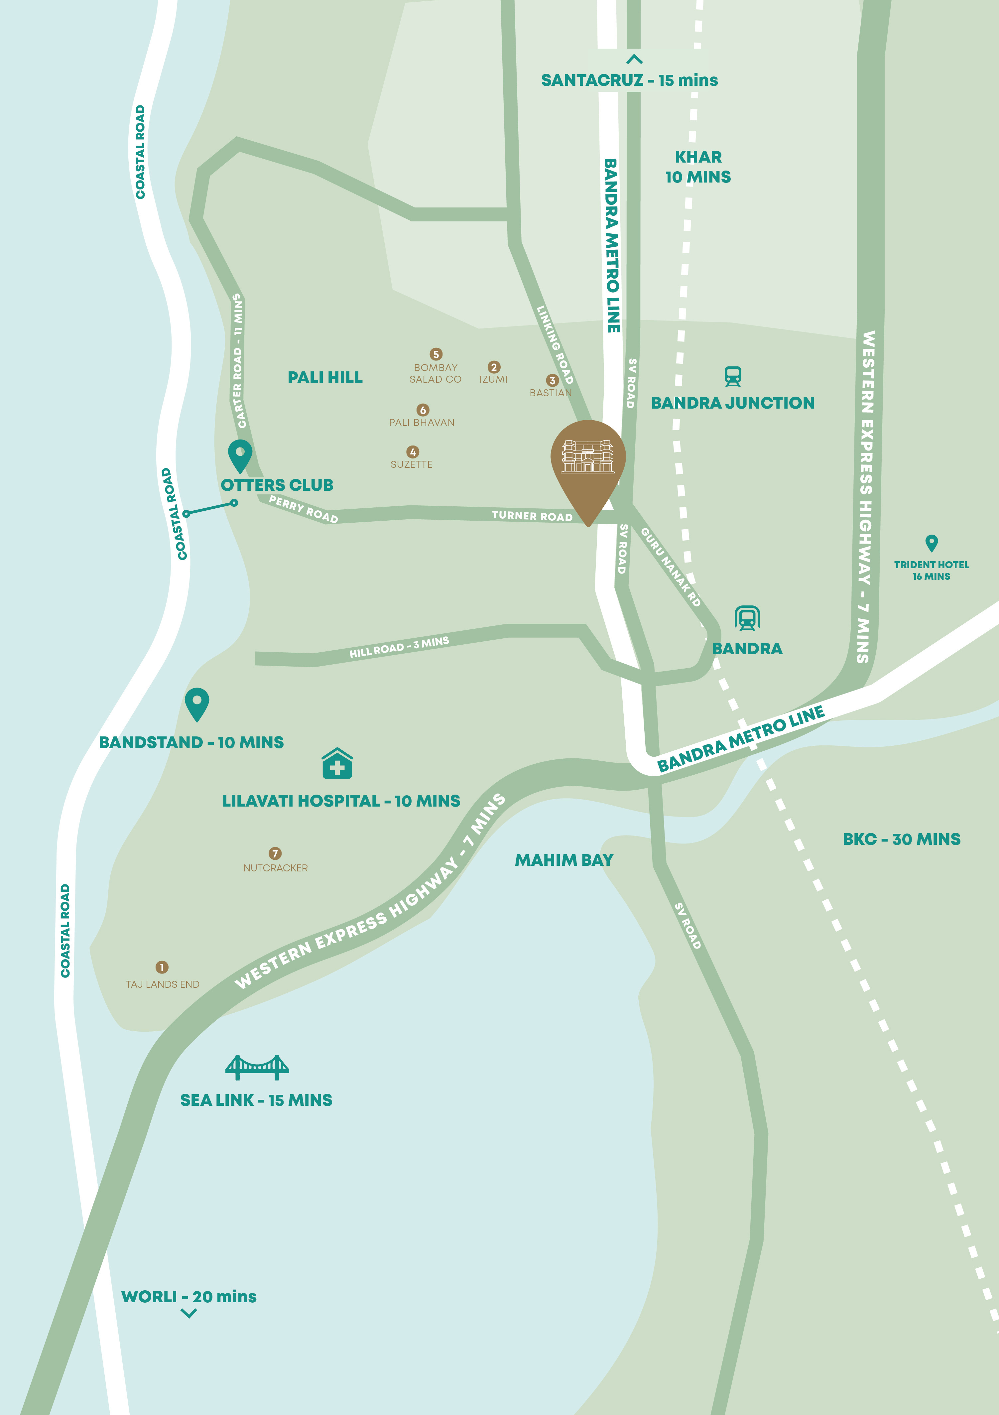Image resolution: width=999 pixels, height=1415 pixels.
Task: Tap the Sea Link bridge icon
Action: [x=257, y=1068]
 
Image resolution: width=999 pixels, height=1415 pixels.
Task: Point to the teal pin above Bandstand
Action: [x=196, y=703]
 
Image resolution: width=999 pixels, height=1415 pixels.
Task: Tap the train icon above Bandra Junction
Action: [x=733, y=377]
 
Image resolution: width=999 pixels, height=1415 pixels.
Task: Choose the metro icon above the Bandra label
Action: [x=747, y=618]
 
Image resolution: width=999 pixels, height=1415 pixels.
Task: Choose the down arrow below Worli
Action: [x=188, y=1313]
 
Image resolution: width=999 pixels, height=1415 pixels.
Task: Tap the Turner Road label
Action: [x=532, y=516]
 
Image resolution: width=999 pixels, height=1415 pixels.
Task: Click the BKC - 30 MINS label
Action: [x=901, y=839]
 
